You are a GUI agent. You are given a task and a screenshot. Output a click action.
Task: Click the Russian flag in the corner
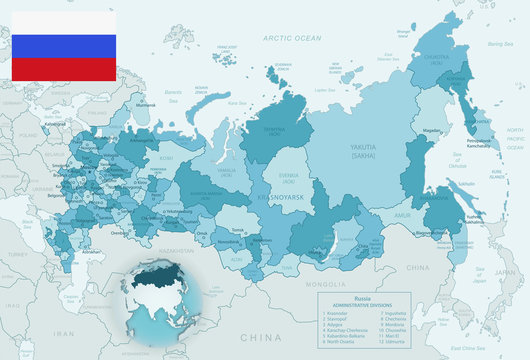62,45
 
